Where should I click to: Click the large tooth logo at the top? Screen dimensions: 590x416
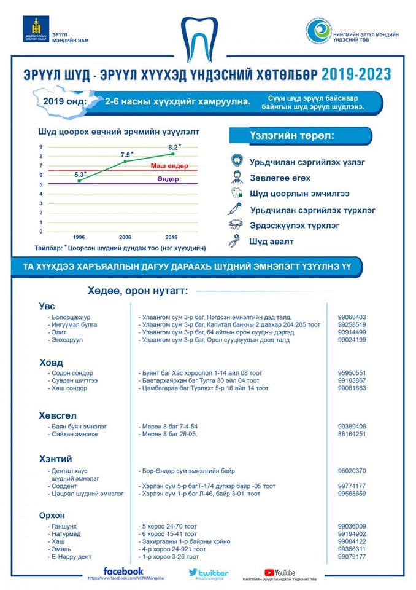coord(208,37)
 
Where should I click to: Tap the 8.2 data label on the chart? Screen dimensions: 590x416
coord(174,147)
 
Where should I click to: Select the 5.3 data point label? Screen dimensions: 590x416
coord(80,175)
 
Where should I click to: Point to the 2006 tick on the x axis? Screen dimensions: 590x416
coord(125,237)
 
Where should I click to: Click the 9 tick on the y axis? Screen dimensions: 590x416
coord(40,147)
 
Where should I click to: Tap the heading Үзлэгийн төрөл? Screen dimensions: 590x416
coord(292,136)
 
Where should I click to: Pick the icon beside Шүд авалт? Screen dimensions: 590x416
coord(236,242)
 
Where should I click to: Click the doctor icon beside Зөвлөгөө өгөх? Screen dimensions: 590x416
coord(236,178)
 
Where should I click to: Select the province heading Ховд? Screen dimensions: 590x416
coord(52,362)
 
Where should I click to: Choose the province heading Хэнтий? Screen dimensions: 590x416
coord(55,459)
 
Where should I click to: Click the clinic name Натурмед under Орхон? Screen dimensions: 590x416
coord(67,534)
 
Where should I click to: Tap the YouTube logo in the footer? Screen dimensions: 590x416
coord(279,573)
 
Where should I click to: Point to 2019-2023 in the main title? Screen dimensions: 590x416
coord(356,74)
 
